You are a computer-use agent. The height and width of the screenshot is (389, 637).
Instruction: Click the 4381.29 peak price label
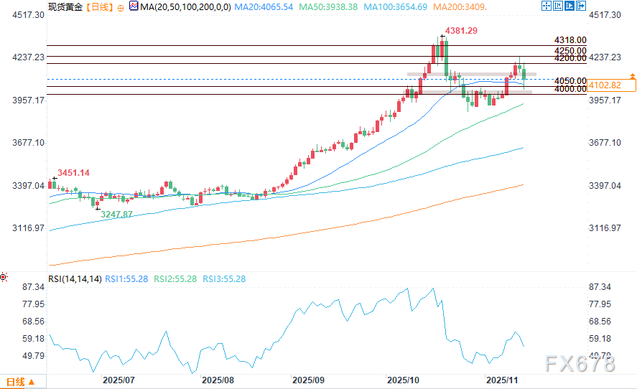(x=462, y=31)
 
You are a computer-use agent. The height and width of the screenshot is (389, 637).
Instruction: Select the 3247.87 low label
(x=117, y=215)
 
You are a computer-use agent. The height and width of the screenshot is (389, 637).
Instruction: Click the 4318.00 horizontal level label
(x=570, y=41)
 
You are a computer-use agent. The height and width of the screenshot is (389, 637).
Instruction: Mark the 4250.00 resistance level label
(x=570, y=51)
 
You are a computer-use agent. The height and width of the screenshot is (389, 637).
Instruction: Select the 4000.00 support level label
(x=570, y=90)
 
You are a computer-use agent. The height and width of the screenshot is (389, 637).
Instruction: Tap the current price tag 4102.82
(x=603, y=85)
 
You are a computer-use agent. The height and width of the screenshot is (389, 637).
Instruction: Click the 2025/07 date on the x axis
(x=119, y=379)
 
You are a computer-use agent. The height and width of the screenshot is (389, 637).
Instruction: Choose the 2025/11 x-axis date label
(x=501, y=379)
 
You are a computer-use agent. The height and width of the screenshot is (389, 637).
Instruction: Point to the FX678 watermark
(x=580, y=364)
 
